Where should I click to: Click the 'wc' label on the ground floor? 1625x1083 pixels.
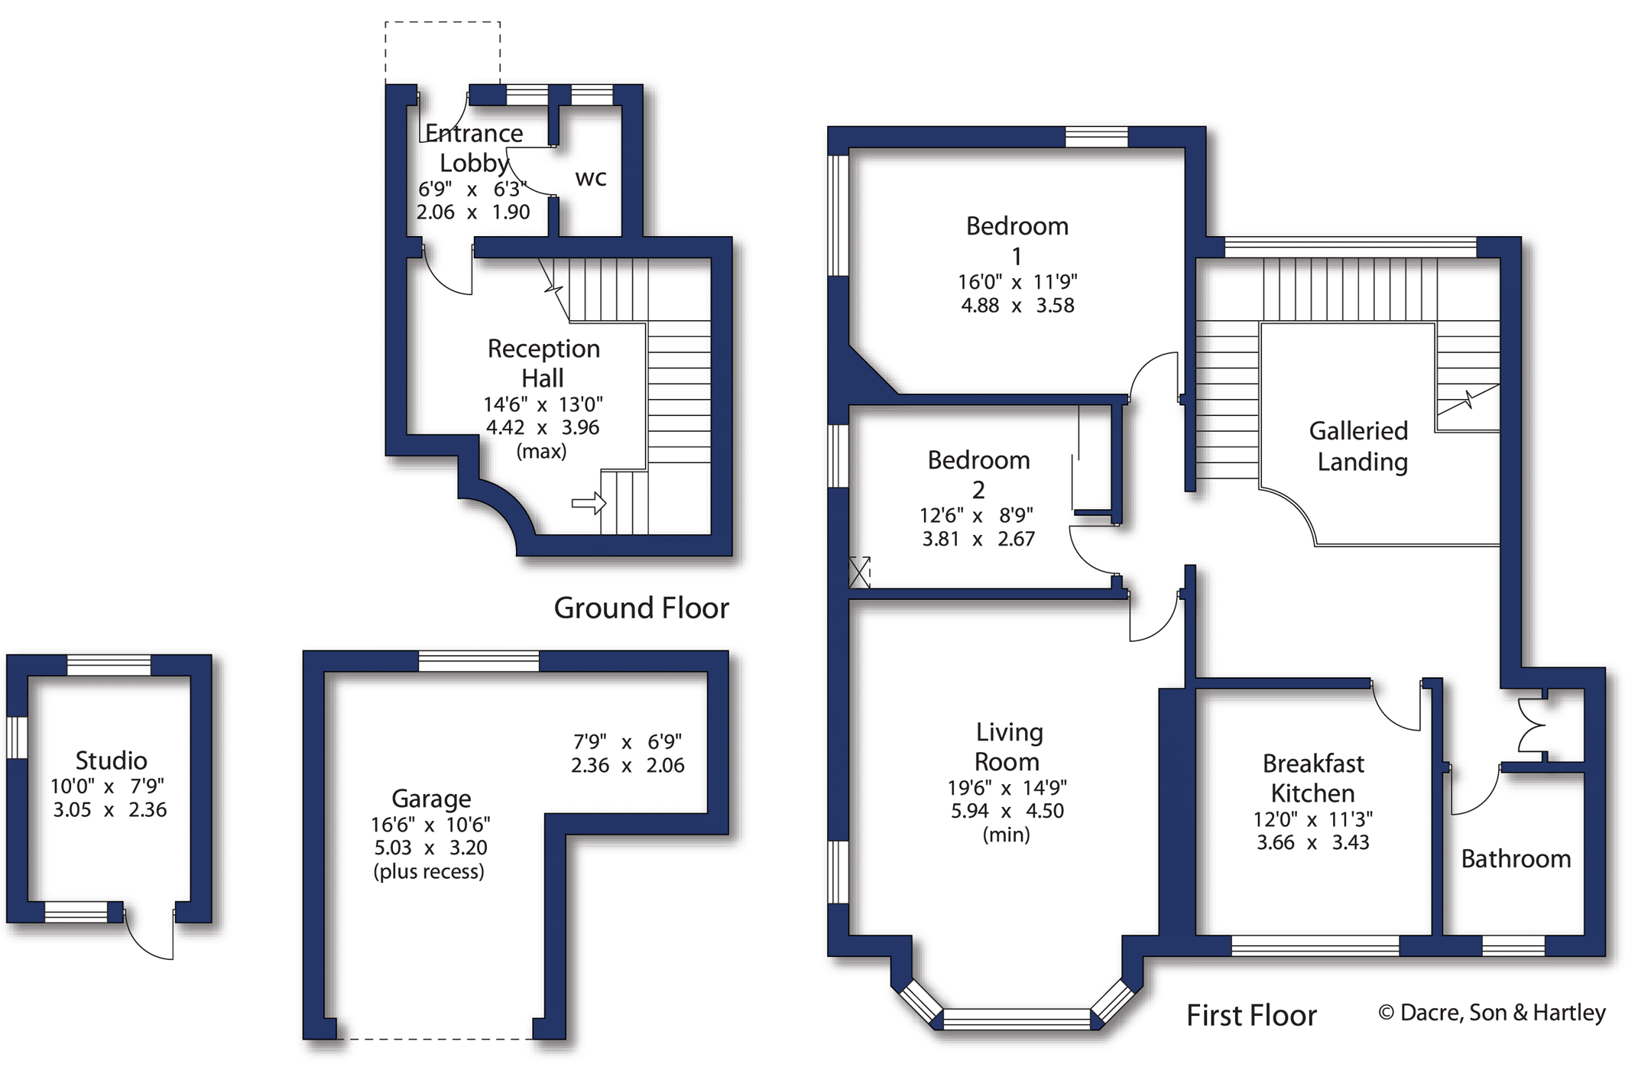(590, 178)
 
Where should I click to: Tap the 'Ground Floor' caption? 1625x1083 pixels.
(641, 608)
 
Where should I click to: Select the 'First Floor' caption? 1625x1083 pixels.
(1250, 1016)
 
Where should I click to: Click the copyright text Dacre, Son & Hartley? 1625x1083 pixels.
(1491, 1013)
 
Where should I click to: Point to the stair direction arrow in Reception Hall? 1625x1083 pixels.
(589, 503)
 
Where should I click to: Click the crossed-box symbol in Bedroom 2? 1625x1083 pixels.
(859, 572)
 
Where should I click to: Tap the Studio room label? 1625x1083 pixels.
(111, 760)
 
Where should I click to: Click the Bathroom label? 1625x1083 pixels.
(1515, 859)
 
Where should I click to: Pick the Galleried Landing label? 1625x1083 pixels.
(1360, 446)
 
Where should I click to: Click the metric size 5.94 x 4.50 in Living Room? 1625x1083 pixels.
(1007, 811)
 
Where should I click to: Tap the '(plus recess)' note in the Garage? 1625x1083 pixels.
(428, 872)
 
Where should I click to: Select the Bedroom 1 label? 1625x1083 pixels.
(1017, 240)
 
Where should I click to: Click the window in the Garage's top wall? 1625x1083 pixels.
(478, 661)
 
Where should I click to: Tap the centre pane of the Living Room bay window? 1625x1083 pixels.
(1016, 1019)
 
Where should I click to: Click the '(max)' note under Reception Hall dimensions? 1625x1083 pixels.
(541, 452)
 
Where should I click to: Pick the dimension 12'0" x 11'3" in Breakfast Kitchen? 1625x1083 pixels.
(1312, 819)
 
